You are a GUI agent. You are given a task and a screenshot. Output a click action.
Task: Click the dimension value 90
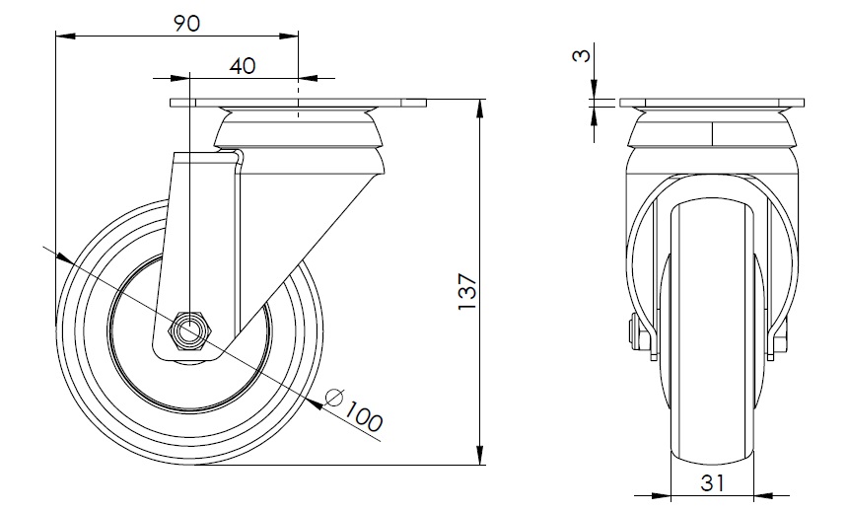[x=186, y=24]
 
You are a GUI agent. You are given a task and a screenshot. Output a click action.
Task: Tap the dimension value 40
[x=242, y=66]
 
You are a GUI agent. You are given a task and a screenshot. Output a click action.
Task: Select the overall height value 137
[x=467, y=292]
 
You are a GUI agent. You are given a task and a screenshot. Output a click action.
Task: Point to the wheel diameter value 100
[x=363, y=415]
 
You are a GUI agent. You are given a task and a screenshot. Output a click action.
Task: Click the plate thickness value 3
[x=582, y=55]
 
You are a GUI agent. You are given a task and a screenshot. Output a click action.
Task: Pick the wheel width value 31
[x=712, y=481]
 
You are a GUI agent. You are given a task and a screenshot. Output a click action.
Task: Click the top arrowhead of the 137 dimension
[x=479, y=109]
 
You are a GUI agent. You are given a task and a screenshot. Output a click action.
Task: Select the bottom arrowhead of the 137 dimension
[x=479, y=455]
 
